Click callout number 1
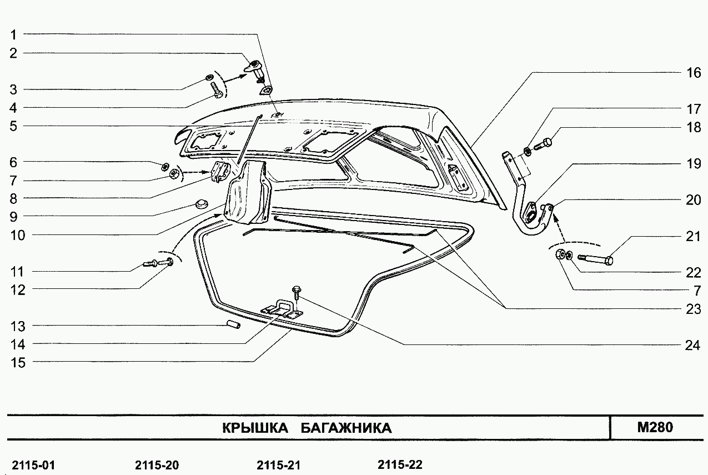[13, 34]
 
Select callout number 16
[694, 73]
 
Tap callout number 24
[693, 346]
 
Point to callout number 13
[18, 326]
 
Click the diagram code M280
[655, 427]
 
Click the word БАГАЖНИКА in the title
[346, 428]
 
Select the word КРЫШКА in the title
[255, 428]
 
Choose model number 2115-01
[33, 465]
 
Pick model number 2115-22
[400, 464]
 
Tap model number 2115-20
[157, 465]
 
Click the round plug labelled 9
[201, 204]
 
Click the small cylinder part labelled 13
[234, 324]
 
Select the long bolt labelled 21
[595, 259]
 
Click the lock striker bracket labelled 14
[282, 309]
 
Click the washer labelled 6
[165, 166]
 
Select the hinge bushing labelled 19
[530, 213]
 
